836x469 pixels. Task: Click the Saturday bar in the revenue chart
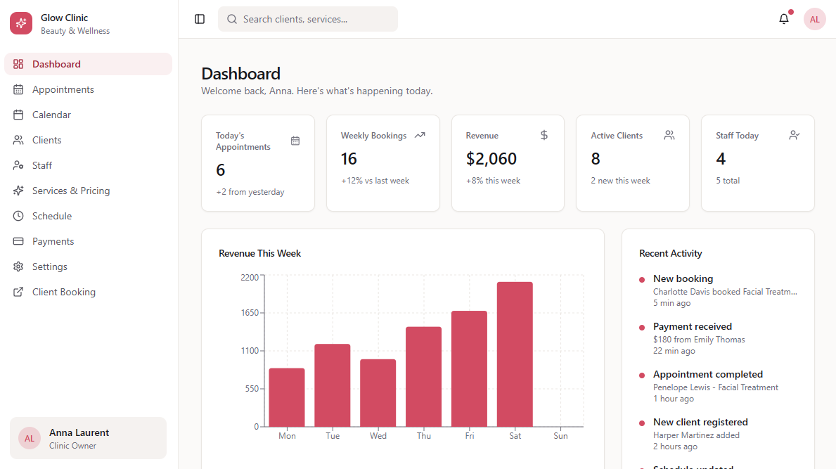click(515, 354)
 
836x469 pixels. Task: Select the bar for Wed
click(378, 393)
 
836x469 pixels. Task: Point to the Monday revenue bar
click(287, 397)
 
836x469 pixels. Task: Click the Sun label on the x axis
click(560, 436)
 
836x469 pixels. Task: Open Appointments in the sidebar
click(63, 89)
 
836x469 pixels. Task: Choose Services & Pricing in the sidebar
click(70, 191)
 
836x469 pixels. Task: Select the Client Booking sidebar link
click(63, 292)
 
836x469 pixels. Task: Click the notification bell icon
click(784, 19)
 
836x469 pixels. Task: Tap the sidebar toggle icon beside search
click(200, 19)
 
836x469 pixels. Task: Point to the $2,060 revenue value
click(491, 159)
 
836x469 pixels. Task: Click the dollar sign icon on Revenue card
click(544, 135)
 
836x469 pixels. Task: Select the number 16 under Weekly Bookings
click(349, 159)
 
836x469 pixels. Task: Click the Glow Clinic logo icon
click(21, 23)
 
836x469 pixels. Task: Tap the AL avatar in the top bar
click(814, 19)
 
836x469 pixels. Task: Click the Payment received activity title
click(692, 326)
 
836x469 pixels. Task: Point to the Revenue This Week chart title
click(259, 253)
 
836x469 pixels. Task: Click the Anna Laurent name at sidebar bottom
click(79, 432)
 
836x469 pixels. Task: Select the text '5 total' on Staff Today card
click(728, 181)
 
